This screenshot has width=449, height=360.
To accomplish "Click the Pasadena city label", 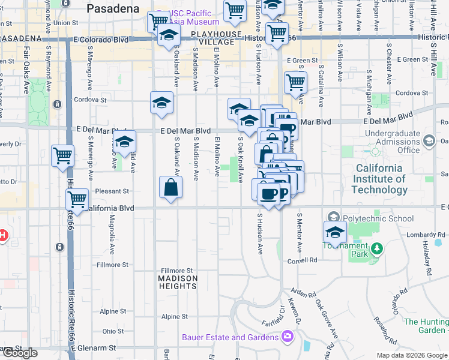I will click(x=113, y=8).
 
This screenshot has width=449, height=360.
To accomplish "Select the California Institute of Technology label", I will click(x=379, y=179).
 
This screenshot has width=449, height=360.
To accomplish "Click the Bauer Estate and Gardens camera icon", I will click(x=288, y=337).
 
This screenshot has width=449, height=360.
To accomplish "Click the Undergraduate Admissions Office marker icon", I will click(x=429, y=142).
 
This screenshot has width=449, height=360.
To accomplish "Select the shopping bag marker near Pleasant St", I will click(x=171, y=188).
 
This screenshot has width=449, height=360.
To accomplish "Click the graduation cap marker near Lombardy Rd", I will click(x=335, y=232).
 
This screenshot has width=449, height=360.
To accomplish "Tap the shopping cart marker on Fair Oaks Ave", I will click(x=62, y=156).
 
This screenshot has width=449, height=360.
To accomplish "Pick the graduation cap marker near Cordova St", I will click(x=161, y=103).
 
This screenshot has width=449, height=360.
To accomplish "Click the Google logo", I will click(x=20, y=353).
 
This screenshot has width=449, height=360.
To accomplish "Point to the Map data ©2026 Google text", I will click(x=411, y=355).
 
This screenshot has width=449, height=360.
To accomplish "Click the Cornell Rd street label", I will click(x=304, y=260).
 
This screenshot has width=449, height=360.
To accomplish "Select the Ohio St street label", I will click(x=113, y=331).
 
